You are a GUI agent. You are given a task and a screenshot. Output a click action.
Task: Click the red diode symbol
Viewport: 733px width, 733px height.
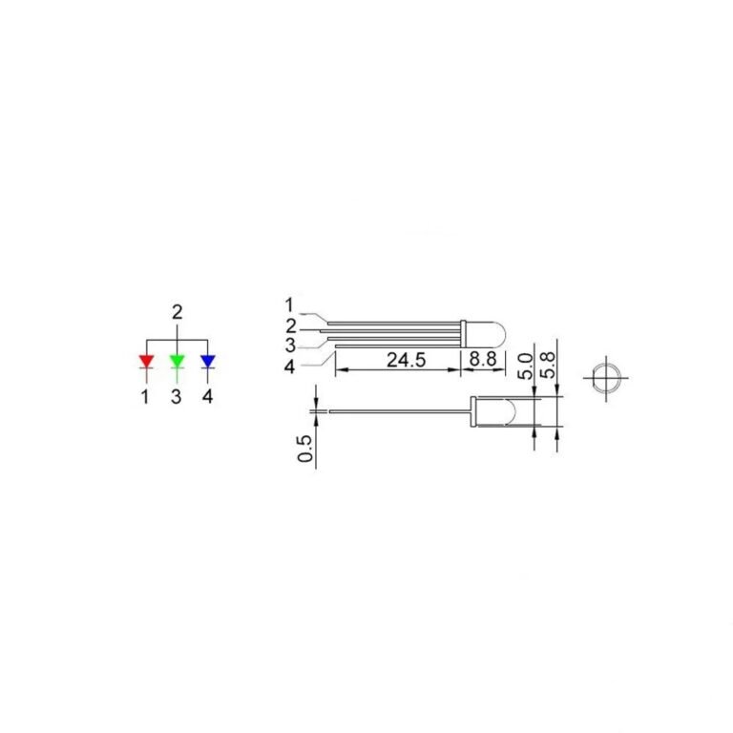click(x=146, y=362)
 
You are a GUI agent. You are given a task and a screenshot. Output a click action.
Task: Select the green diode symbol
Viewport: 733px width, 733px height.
click(x=177, y=362)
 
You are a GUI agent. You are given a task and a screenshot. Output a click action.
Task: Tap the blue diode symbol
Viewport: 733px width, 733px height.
click(x=207, y=362)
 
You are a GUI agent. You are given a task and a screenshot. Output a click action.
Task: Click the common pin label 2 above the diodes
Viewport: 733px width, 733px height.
click(x=177, y=313)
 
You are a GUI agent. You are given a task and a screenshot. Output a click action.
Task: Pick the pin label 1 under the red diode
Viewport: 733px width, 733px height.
click(x=145, y=396)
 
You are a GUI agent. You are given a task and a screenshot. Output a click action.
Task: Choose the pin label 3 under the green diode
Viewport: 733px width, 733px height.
click(x=177, y=396)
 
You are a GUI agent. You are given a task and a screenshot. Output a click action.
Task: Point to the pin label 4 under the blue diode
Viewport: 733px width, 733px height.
click(x=207, y=396)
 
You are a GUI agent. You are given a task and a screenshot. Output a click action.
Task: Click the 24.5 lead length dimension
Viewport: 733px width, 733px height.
click(x=405, y=360)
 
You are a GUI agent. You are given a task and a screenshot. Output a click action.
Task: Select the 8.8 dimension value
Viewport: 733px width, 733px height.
click(x=479, y=360)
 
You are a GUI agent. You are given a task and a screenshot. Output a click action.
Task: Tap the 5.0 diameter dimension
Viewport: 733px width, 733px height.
click(x=525, y=366)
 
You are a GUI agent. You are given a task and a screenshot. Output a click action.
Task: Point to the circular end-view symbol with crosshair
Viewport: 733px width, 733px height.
click(x=605, y=377)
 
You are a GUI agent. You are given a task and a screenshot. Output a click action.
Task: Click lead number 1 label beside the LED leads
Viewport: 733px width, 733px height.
click(x=289, y=305)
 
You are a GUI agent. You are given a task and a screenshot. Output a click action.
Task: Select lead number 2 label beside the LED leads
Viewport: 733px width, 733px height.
click(x=290, y=325)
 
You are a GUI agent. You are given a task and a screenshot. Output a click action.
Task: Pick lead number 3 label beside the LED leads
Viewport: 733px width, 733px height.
click(x=289, y=345)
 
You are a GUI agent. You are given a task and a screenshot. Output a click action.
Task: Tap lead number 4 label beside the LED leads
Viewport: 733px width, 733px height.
click(x=290, y=365)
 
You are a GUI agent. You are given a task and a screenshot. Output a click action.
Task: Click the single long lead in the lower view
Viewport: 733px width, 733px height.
click(x=401, y=412)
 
